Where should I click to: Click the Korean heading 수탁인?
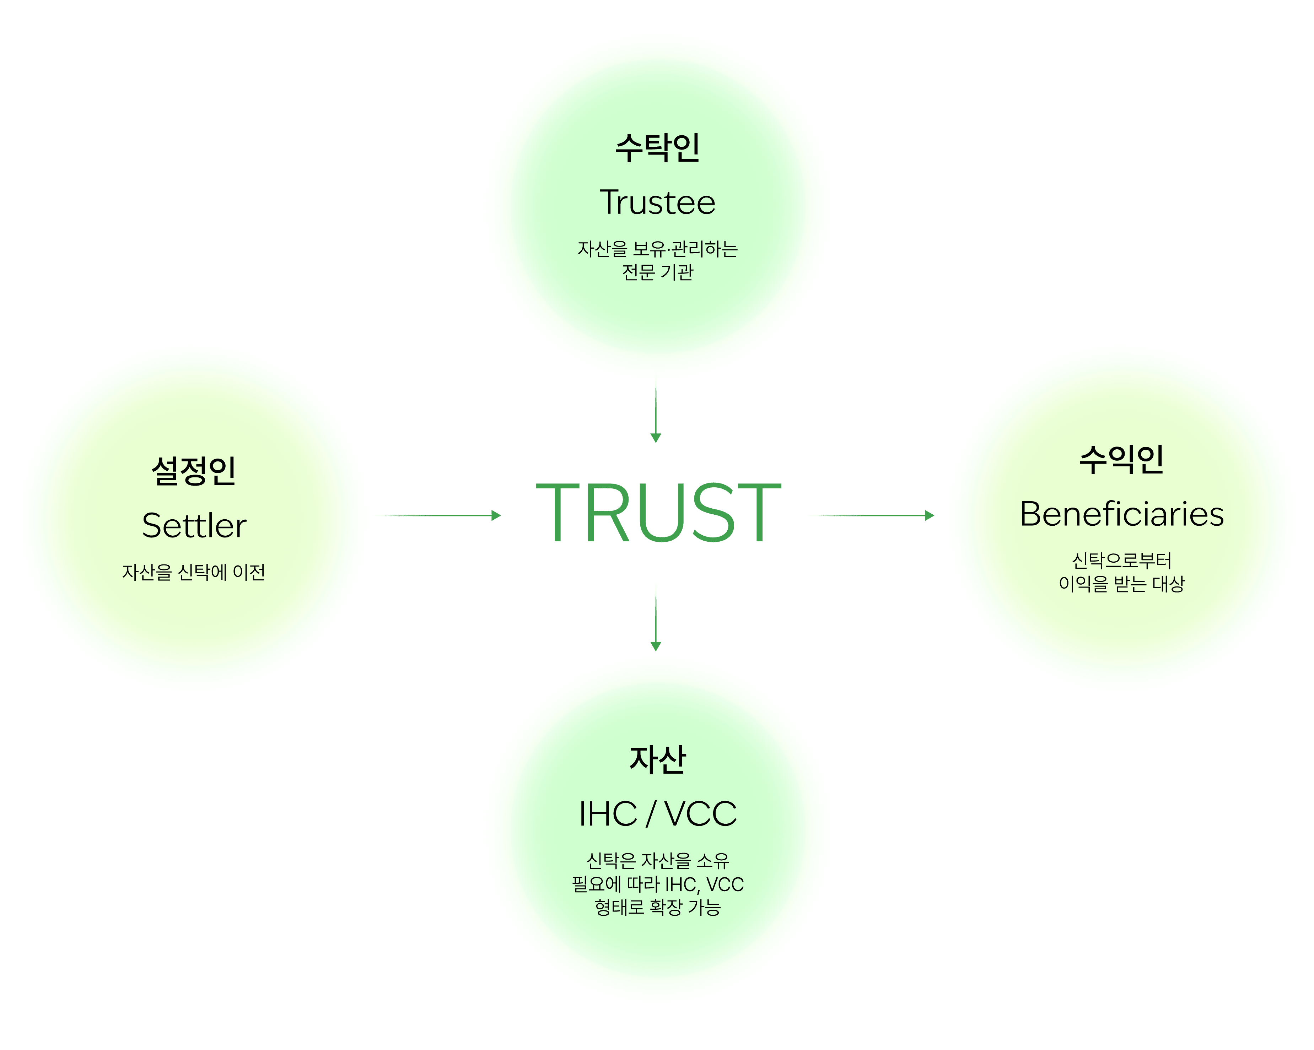(x=657, y=148)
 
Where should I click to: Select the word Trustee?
(x=657, y=202)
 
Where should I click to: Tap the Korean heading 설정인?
(x=193, y=471)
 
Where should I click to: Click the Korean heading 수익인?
(x=1121, y=460)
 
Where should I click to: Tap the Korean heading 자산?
(x=657, y=760)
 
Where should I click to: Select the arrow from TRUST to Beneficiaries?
(x=870, y=515)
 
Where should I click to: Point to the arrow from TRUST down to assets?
(x=656, y=616)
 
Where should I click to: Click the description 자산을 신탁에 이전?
(x=193, y=572)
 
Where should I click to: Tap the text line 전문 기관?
(x=657, y=272)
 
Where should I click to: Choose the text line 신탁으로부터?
(x=1121, y=560)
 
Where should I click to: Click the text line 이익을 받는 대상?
(x=1121, y=584)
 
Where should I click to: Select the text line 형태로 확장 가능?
(x=657, y=908)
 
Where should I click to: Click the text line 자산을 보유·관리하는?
(x=657, y=249)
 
